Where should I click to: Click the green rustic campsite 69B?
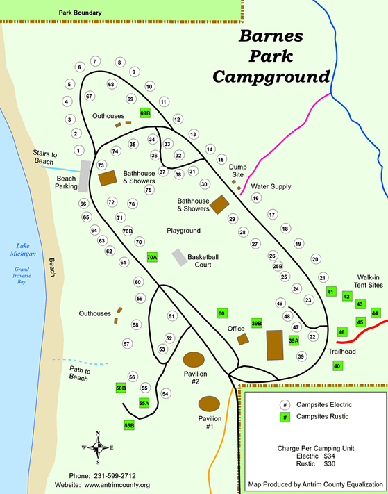pos(145,113)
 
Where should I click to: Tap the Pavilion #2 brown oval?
pos(194,360)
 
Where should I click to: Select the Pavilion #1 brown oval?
pos(210,403)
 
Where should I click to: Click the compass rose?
pos(98,447)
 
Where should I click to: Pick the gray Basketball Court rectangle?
pos(180,257)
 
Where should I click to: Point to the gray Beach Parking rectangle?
pos(85,176)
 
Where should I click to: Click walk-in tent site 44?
pos(376,313)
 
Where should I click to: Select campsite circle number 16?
pos(255,199)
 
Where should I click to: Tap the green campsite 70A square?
pos(153,257)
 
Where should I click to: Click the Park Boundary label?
pos(81,13)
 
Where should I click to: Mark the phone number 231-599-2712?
pos(126,476)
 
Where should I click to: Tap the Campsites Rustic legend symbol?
pos(285,417)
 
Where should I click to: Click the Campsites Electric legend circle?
pos(285,404)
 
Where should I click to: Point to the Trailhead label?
pos(342,352)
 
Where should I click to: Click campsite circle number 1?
pos(79,150)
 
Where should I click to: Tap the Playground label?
pos(183,231)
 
